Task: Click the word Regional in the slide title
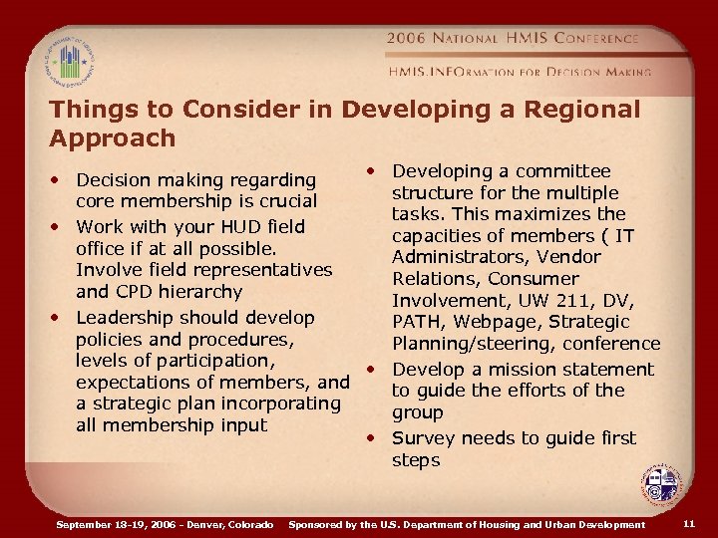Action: (x=574, y=110)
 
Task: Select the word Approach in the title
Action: (x=113, y=137)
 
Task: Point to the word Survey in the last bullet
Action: (x=423, y=438)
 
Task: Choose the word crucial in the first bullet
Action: (x=283, y=202)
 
